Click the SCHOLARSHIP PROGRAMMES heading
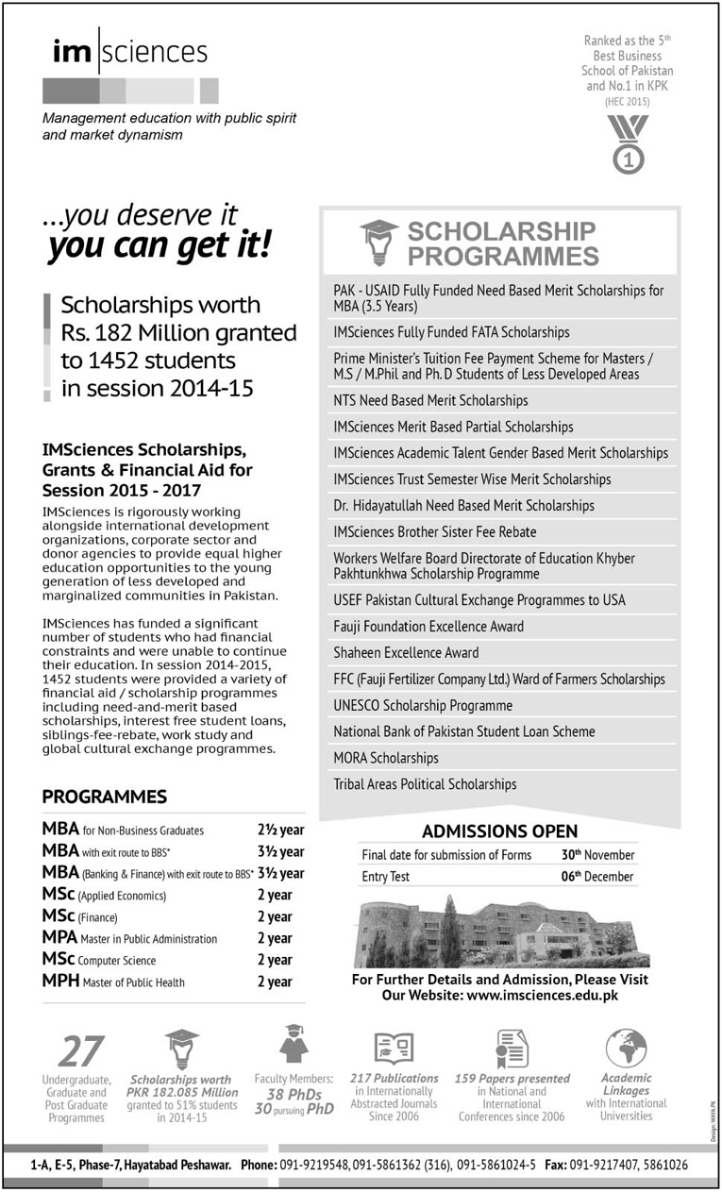501,243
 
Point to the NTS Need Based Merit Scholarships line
430,400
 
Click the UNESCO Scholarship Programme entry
423,705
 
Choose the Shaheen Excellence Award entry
406,652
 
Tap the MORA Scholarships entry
386,758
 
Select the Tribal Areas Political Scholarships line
425,784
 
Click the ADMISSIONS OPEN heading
499,831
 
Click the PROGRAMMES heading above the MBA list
104,797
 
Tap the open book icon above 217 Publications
394,1049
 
